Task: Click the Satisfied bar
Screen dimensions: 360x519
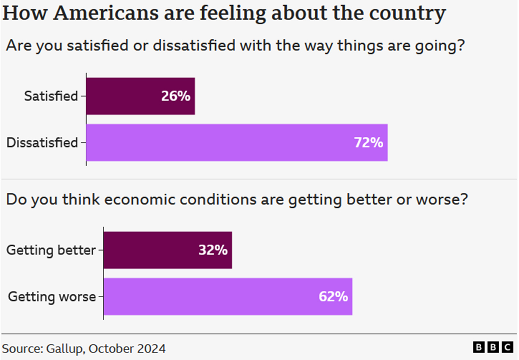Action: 140,96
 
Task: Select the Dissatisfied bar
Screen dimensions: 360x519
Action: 237,143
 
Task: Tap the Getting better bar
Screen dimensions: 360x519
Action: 168,250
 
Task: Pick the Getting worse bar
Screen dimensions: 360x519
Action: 228,297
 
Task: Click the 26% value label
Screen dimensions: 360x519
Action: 175,96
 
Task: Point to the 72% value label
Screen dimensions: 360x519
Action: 369,143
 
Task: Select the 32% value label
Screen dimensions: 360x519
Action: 213,250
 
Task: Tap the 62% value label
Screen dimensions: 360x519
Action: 333,297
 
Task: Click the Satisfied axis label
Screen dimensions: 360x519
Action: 51,96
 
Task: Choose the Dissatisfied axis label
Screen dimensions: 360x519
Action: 42,143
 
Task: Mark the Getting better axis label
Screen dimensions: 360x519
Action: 51,250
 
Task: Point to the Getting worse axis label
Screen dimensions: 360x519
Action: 52,297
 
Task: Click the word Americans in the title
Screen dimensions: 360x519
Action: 106,13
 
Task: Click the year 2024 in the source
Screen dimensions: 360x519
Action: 151,349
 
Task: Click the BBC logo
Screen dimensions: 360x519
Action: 493,347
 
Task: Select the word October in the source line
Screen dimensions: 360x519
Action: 111,349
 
